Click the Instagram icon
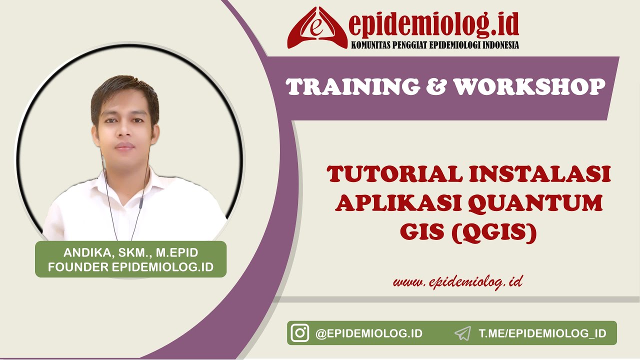point(300,333)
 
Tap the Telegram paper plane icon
point(463,333)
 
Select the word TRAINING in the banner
point(353,86)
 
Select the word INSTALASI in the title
point(541,175)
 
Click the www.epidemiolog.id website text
point(457,282)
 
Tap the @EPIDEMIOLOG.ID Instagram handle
point(369,333)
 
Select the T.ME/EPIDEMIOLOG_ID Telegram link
point(542,333)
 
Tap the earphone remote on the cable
point(141,202)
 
